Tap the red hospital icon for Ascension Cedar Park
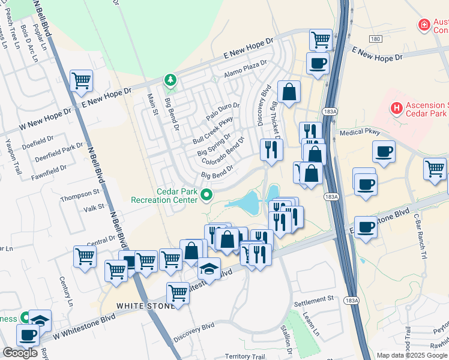(x=396, y=108)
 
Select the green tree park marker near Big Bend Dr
(x=170, y=80)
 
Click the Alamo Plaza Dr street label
(x=244, y=68)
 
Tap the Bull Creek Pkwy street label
(x=212, y=130)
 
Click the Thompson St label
(x=79, y=193)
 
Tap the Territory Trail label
(x=245, y=356)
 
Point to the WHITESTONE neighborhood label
(x=145, y=306)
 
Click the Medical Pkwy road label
(x=360, y=132)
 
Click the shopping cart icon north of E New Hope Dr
(x=321, y=40)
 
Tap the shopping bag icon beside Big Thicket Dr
(x=289, y=92)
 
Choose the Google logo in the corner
(x=20, y=353)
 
